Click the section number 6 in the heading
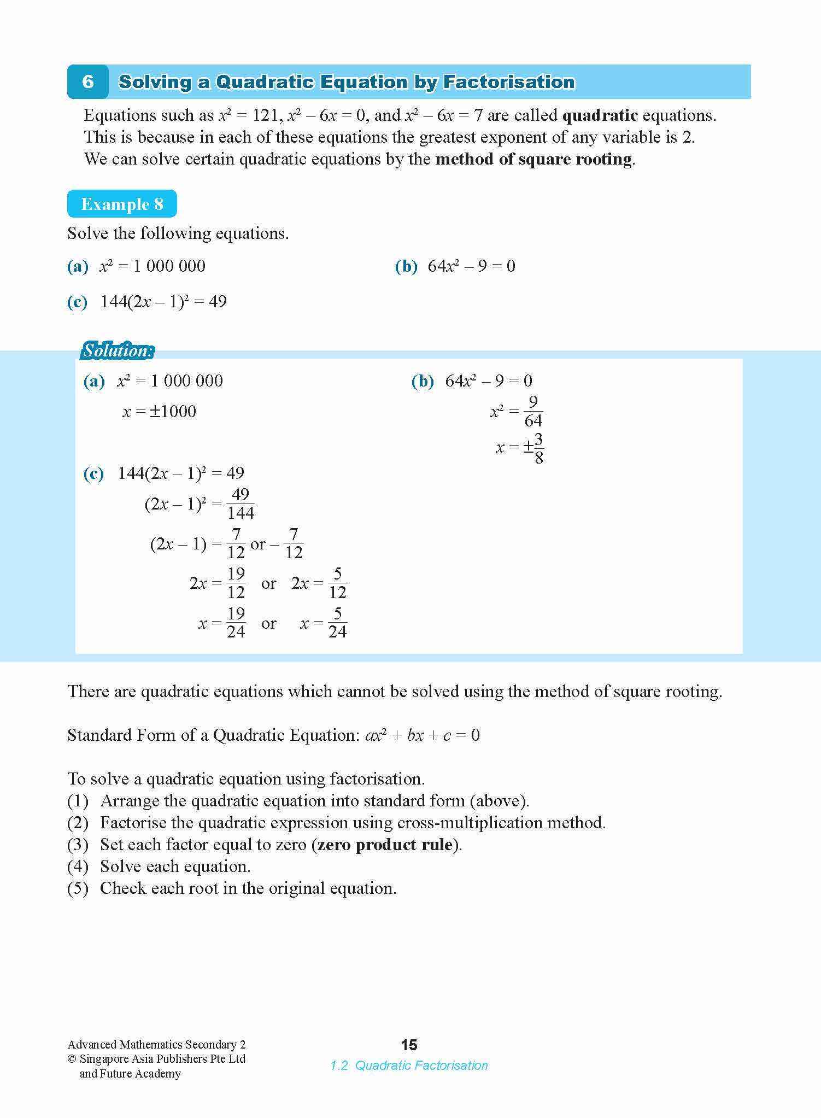coord(87,82)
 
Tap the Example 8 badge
coord(122,204)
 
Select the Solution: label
coord(118,350)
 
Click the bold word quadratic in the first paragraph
coord(600,115)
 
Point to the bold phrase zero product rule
coord(385,845)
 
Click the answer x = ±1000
coord(159,412)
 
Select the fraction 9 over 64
coord(533,412)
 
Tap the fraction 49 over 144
coord(241,504)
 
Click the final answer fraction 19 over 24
coord(236,623)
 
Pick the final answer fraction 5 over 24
coord(337,623)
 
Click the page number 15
coord(409,1045)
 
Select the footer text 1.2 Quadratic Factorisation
coord(409,1066)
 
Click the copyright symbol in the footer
coord(72,1059)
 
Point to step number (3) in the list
coord(78,845)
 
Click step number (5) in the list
coord(78,888)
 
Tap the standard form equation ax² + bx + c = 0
coord(422,735)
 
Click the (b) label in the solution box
coord(422,381)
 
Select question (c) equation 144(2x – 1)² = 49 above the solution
coord(163,302)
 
